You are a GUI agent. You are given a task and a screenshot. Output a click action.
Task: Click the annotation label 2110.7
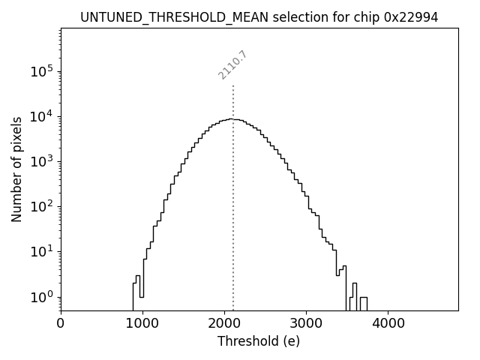pyautogui.click(x=232, y=65)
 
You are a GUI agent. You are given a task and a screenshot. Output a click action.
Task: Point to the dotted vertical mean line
pyautogui.click(x=233, y=225)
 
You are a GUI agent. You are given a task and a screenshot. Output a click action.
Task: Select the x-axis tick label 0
pyautogui.click(x=61, y=324)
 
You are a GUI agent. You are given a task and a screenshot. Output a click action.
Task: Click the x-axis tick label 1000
pyautogui.click(x=142, y=324)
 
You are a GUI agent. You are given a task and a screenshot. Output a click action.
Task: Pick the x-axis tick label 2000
pyautogui.click(x=224, y=324)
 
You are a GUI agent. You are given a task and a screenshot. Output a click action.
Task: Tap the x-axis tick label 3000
pyautogui.click(x=306, y=324)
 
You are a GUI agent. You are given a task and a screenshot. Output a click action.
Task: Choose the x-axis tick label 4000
pyautogui.click(x=388, y=324)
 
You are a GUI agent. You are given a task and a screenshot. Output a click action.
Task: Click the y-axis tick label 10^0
pyautogui.click(x=41, y=296)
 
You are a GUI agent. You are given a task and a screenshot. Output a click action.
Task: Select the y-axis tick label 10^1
pyautogui.click(x=41, y=251)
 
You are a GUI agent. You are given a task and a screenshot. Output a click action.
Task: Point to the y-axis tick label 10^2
pyautogui.click(x=41, y=206)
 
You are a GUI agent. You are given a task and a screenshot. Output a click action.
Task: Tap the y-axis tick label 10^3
pyautogui.click(x=41, y=161)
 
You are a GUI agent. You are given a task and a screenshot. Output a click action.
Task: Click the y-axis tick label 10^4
pyautogui.click(x=41, y=116)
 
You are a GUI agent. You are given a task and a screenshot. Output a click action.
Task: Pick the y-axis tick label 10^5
pyautogui.click(x=41, y=71)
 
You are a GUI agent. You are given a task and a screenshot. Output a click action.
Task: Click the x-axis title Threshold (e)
pyautogui.click(x=259, y=341)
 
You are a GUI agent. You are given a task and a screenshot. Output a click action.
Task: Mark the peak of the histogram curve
pyautogui.click(x=235, y=119)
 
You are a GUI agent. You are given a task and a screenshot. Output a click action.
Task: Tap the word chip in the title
pyautogui.click(x=359, y=17)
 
